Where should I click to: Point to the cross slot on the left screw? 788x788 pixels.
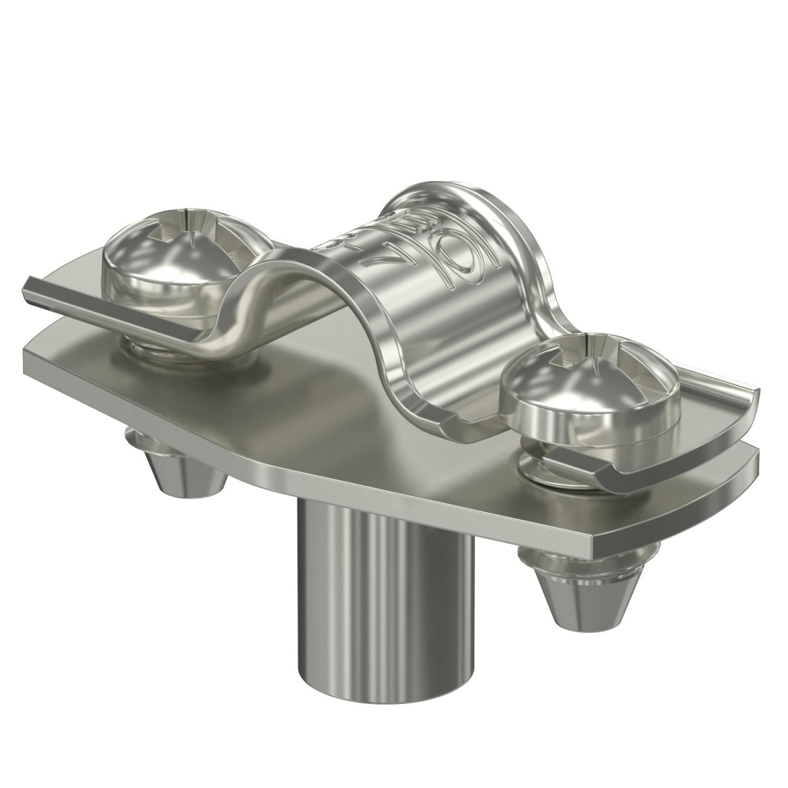tap(176, 227)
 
